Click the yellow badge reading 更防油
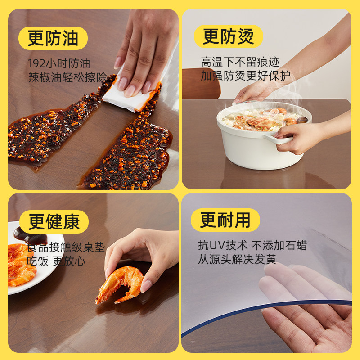(53, 38)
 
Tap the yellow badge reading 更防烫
(228, 36)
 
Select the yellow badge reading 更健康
(54, 221)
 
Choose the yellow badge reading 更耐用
(225, 220)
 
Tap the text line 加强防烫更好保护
(245, 75)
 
